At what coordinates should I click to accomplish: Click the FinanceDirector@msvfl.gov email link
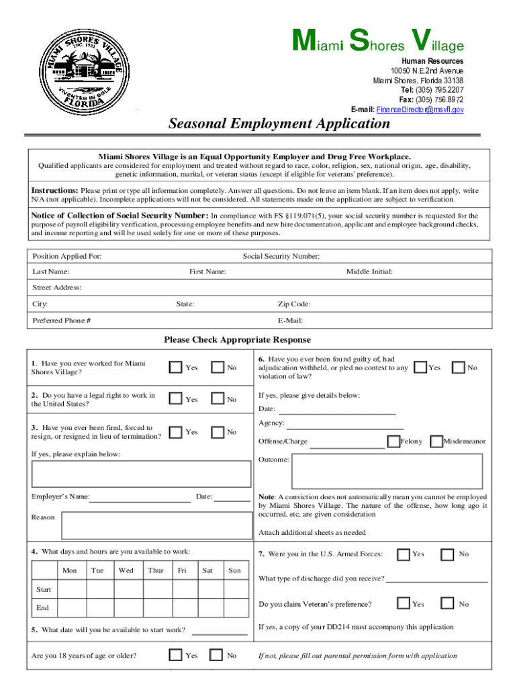[x=420, y=110]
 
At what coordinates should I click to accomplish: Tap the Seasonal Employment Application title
[x=279, y=124]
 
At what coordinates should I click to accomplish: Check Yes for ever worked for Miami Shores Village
[x=175, y=367]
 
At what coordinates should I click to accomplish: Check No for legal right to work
[x=218, y=398]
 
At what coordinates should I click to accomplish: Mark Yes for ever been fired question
[x=175, y=431]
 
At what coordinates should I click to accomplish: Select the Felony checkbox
[x=393, y=441]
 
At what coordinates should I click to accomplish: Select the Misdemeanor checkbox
[x=436, y=441]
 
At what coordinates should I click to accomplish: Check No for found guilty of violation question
[x=459, y=367]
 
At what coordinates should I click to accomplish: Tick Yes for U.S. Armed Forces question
[x=404, y=554]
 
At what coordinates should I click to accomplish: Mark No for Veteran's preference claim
[x=447, y=603]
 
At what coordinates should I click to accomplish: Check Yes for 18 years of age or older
[x=175, y=655]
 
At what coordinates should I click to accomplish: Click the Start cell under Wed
[x=126, y=589]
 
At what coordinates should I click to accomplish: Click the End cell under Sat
[x=208, y=608]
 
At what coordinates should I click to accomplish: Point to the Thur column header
[x=155, y=570]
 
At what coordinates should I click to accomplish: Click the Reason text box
[x=155, y=525]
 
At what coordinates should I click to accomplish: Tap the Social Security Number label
[x=281, y=257]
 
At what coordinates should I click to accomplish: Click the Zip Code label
[x=294, y=304]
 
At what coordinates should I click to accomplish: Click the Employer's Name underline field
[x=140, y=497]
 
